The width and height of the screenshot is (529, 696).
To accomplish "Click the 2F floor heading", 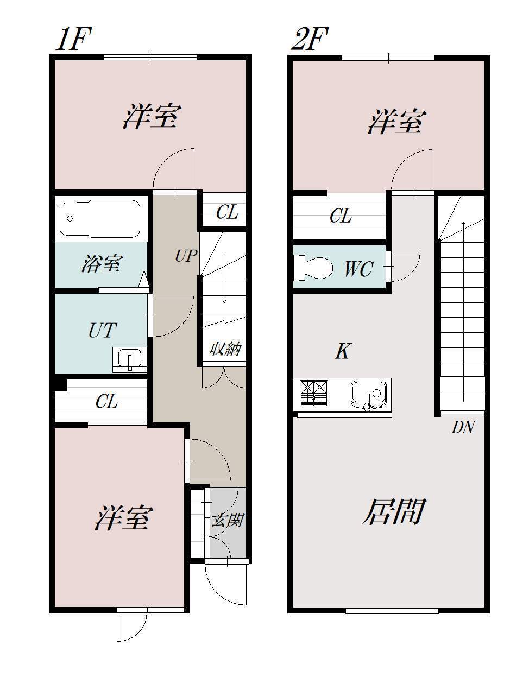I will coord(310,40).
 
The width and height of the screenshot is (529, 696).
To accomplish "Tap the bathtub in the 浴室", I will coord(100,218).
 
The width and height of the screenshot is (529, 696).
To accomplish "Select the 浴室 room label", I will coord(101,264).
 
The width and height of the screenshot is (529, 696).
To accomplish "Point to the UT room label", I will coord(102,330).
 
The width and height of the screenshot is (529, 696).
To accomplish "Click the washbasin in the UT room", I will coord(129,360).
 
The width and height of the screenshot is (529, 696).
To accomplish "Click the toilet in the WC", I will coord(313,268).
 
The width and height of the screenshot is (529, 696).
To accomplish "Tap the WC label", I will coord(358,269).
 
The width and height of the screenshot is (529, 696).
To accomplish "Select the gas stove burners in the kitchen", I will coord(314,393).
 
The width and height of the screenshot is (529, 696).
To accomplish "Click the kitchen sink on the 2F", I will coord(369,394).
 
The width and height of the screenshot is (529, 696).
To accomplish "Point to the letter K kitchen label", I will coord(342,352).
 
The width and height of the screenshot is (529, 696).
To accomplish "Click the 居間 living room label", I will coord(393,511).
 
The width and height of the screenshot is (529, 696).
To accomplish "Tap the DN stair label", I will coord(463,428).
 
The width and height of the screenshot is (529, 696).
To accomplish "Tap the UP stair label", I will coord(185,256).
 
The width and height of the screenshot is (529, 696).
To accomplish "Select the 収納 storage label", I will coord(225,349).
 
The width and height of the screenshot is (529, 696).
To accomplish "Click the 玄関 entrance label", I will coord(227,521).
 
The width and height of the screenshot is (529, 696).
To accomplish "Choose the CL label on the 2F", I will coord(341,216).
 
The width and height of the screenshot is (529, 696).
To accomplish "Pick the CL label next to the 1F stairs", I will coord(226,212).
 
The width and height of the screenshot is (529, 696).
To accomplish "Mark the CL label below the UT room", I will coord(106,402).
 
